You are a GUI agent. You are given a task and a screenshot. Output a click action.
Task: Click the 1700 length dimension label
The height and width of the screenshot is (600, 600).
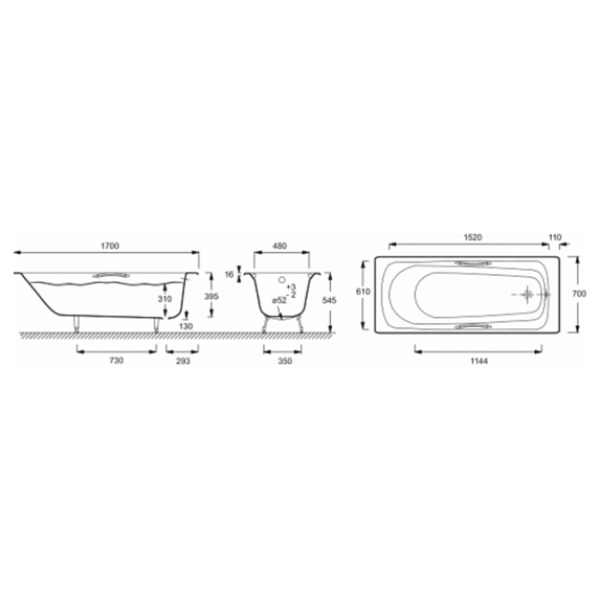coord(110,246)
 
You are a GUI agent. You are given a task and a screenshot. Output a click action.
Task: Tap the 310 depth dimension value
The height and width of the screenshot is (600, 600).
coord(165,299)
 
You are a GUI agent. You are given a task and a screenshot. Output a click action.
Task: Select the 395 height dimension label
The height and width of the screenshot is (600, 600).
coord(211,297)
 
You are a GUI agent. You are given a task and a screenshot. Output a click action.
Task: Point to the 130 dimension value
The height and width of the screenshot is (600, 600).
coord(186,327)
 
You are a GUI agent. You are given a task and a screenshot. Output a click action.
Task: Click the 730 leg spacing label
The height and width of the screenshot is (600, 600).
coord(116,361)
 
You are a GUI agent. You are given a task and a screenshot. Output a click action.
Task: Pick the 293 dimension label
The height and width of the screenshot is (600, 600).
coord(183,361)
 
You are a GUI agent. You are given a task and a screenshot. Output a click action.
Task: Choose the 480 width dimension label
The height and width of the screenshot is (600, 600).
coord(280,246)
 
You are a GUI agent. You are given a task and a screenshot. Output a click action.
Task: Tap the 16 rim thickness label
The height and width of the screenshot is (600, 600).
coord(229,275)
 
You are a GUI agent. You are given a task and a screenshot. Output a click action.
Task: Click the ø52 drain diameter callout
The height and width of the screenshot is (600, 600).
coord(279,301)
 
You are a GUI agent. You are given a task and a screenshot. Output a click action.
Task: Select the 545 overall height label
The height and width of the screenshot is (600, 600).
coord(329,301)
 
